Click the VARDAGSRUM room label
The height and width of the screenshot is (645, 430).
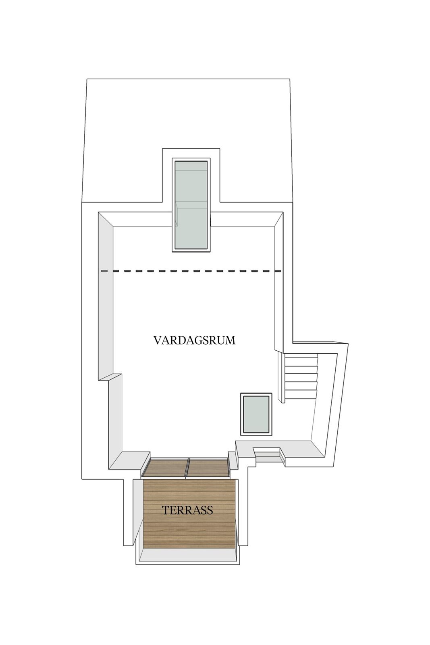pos(194,340)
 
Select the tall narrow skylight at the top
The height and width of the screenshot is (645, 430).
pos(191,205)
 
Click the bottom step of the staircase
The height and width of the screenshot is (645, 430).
pos(300,394)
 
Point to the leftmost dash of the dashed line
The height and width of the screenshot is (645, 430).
pos(104,271)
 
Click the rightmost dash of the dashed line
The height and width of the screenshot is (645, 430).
pos(278,271)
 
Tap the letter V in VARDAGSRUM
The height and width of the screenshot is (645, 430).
pos(158,340)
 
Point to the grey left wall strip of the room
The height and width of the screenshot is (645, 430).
pos(106,297)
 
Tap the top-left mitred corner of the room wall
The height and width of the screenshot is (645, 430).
pos(106,219)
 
